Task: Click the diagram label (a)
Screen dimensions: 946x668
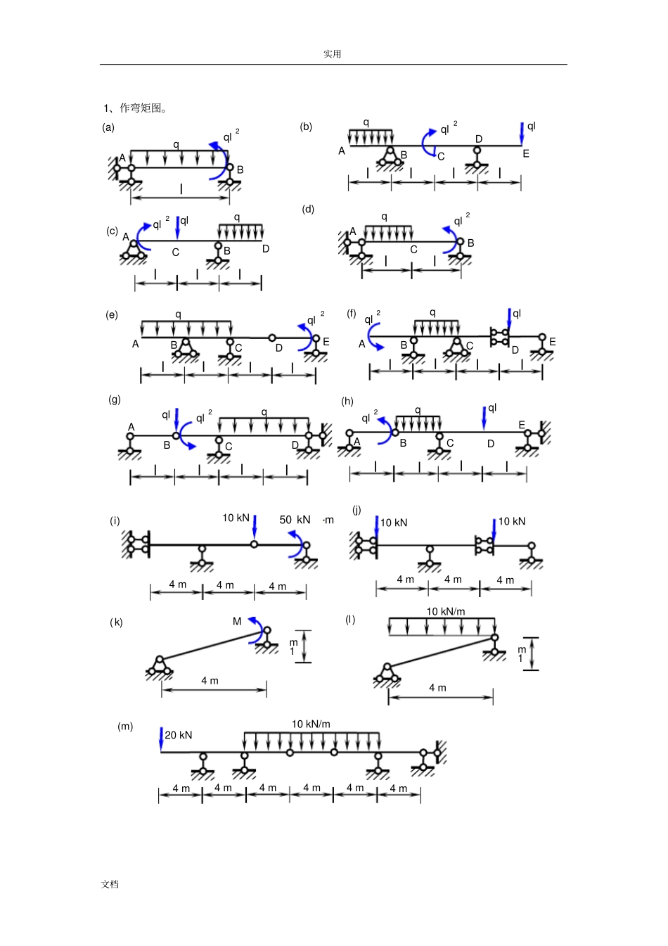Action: tap(108, 127)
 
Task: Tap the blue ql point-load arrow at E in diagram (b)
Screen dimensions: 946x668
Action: tap(522, 133)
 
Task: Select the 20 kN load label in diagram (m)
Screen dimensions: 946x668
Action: tap(178, 735)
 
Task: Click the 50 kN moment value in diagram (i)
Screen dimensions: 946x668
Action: tap(295, 520)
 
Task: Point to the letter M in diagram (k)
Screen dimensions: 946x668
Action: tap(237, 622)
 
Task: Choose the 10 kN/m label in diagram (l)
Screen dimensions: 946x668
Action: tap(446, 611)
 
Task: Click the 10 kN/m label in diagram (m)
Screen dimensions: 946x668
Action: tap(311, 724)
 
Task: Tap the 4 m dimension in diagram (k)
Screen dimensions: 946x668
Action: tap(210, 681)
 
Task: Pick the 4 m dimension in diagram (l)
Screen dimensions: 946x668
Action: tap(437, 688)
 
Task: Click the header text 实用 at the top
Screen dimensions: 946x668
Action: tap(333, 54)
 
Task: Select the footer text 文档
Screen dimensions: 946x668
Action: tap(110, 884)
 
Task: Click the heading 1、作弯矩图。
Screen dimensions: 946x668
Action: tap(135, 108)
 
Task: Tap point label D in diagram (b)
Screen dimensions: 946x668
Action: tap(479, 139)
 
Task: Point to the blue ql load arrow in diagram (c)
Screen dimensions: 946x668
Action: tap(178, 228)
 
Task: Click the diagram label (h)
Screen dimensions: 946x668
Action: tap(347, 401)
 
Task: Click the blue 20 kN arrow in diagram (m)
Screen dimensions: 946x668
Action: tap(161, 739)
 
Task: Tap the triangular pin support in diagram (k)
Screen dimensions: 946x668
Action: tap(160, 666)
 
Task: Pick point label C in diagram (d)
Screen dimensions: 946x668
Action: tap(413, 250)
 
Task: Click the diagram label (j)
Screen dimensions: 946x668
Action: tap(357, 510)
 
